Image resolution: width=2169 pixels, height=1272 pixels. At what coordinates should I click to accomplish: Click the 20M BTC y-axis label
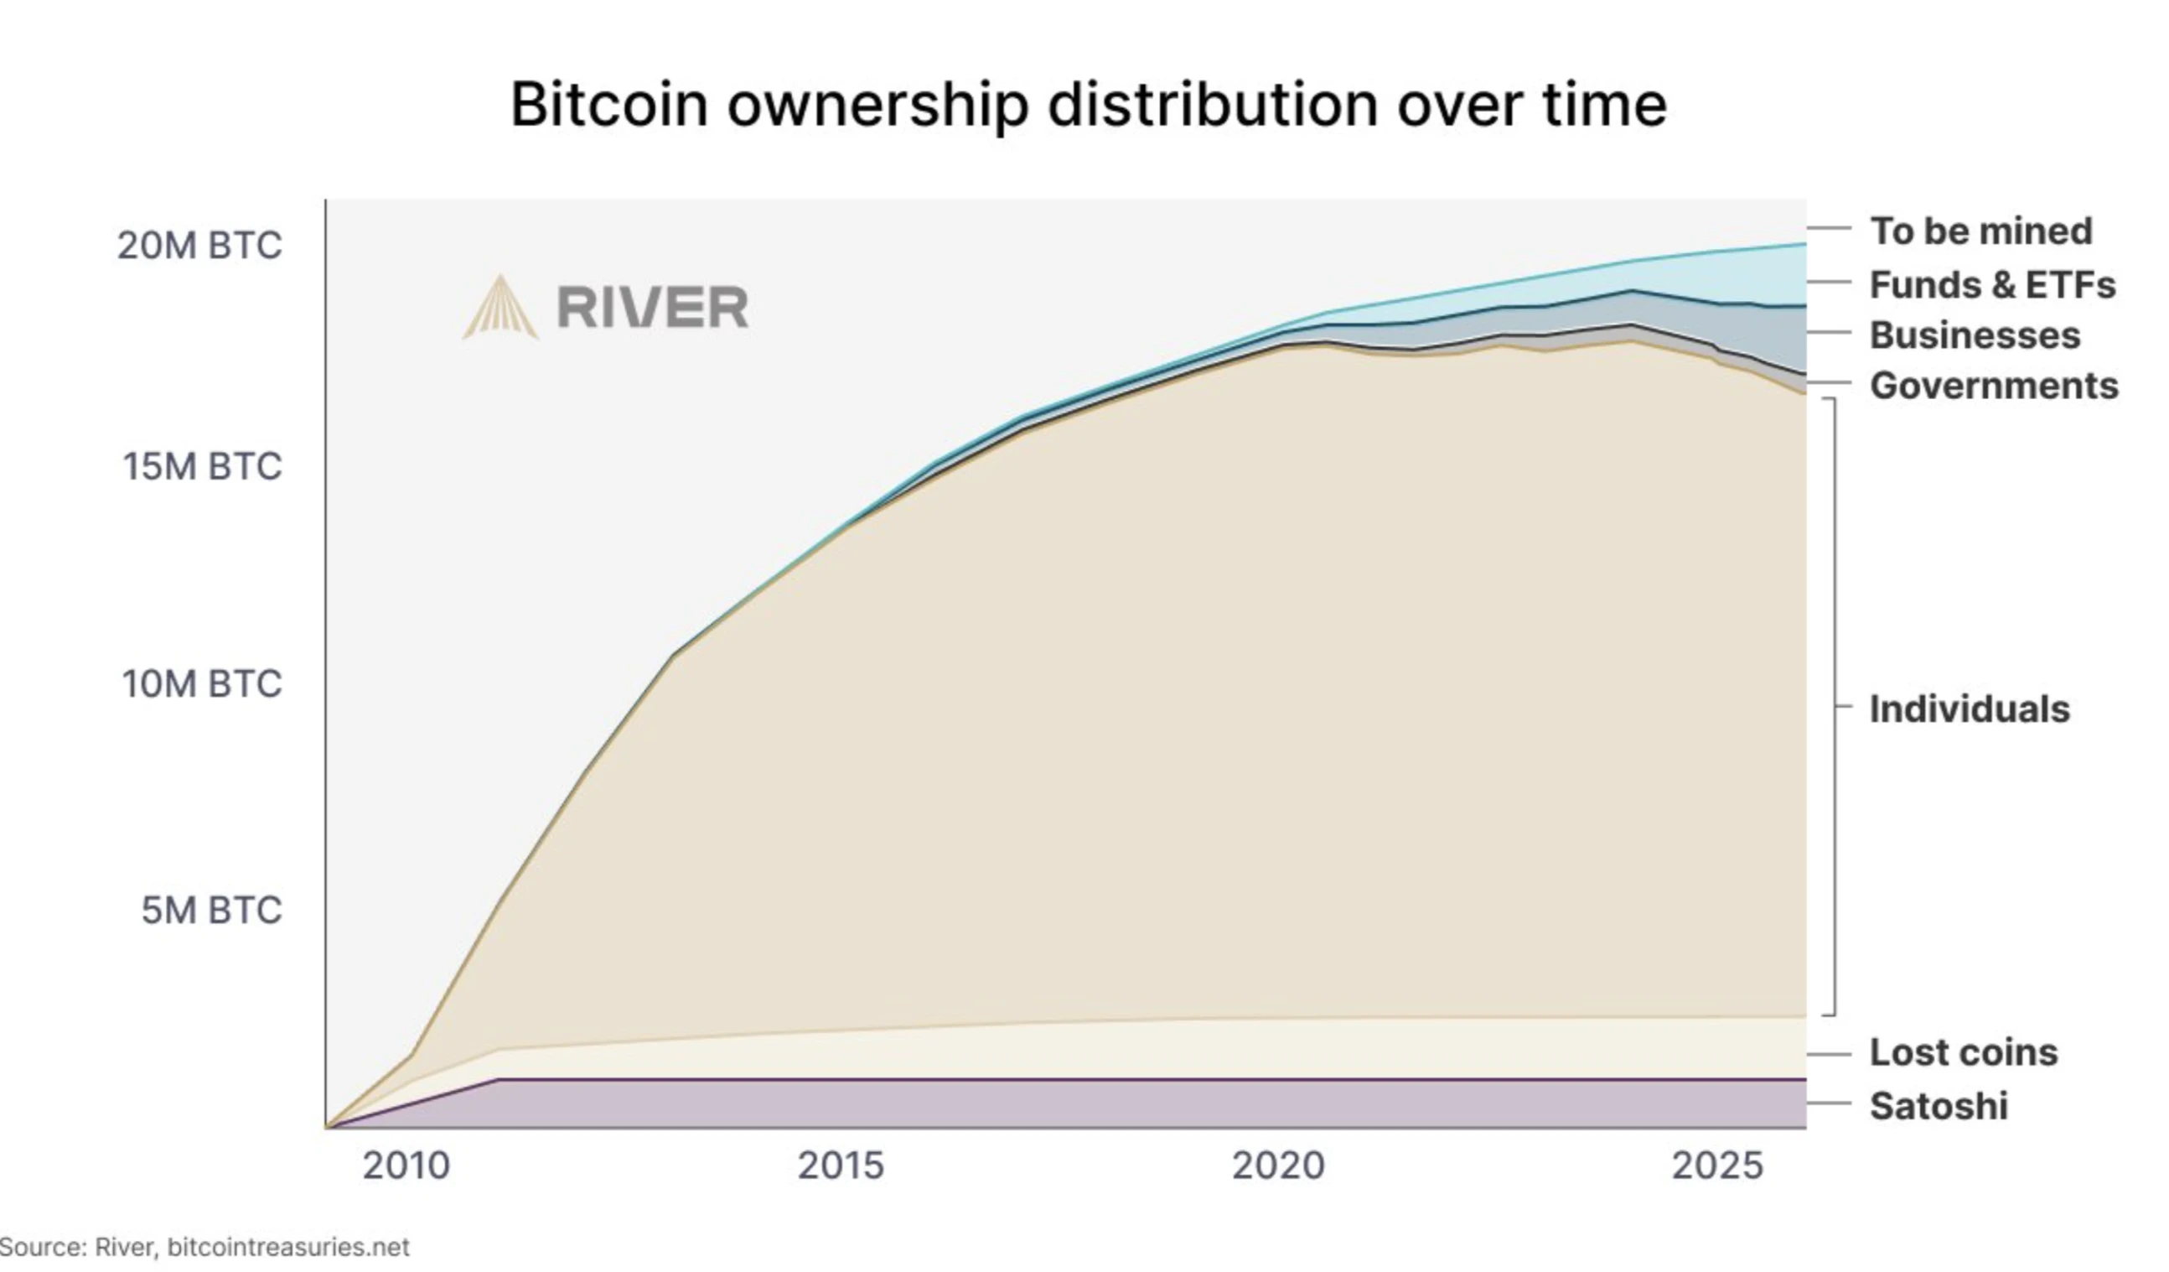[199, 246]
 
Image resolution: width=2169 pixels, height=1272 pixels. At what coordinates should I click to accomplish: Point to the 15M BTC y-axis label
[202, 466]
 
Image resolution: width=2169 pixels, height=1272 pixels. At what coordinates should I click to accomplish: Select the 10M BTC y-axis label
[202, 684]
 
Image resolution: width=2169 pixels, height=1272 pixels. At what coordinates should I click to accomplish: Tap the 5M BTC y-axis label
[212, 911]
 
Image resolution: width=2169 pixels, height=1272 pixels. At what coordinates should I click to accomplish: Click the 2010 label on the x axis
[406, 1166]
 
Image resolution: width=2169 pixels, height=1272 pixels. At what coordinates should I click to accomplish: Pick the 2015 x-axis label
[841, 1166]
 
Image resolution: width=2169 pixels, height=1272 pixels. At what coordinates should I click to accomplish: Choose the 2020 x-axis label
[1278, 1166]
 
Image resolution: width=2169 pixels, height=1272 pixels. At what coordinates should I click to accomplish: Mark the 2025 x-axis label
[1717, 1166]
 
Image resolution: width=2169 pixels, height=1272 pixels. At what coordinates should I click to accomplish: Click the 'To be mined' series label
[1980, 231]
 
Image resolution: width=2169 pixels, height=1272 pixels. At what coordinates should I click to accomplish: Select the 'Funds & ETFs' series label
[1992, 284]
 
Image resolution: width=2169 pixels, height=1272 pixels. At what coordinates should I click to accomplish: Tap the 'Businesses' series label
[1975, 335]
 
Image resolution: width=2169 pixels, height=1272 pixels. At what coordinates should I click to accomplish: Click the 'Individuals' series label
[1970, 709]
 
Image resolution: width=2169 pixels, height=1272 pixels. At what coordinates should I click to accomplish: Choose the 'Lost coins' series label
[1964, 1051]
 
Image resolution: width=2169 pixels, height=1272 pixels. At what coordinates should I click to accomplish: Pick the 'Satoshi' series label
[1939, 1106]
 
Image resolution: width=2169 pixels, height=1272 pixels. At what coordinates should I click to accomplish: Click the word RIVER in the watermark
[652, 308]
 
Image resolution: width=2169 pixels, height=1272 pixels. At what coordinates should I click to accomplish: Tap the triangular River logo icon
[501, 309]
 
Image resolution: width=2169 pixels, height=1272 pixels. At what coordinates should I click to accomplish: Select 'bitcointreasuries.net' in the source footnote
[288, 1246]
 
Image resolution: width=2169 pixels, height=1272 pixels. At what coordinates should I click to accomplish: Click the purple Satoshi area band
[1119, 1103]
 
